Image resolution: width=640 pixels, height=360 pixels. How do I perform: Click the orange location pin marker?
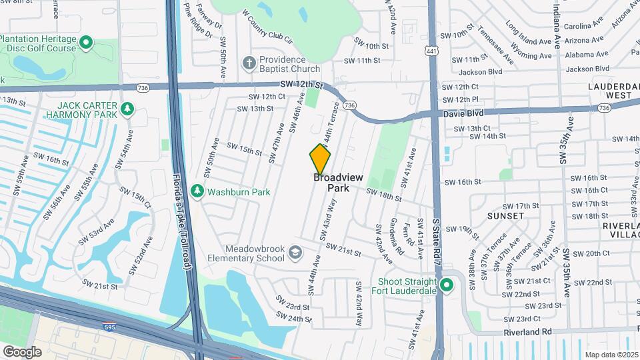tap(321, 159)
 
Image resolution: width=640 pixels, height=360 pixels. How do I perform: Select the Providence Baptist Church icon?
tap(249, 63)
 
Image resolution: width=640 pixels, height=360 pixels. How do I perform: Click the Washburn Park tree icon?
tap(197, 192)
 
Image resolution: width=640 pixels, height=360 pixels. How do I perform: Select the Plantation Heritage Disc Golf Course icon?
tap(85, 44)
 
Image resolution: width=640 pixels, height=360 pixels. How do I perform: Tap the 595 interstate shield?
tap(109, 326)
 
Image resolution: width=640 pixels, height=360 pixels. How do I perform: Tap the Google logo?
tap(22, 351)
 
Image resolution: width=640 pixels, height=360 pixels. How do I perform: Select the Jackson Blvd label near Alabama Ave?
tap(587, 69)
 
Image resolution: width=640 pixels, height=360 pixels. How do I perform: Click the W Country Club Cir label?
tap(267, 27)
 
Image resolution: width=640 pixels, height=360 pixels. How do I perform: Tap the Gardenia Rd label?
tap(400, 239)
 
